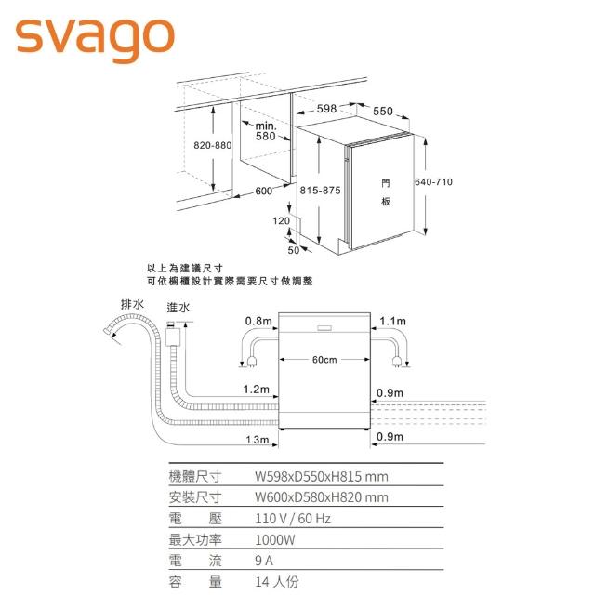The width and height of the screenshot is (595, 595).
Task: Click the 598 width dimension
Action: coord(326,109)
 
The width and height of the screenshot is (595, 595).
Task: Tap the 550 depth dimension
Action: coord(383,112)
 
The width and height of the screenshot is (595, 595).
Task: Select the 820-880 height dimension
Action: coord(212,146)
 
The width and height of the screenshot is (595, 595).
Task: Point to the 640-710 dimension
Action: coord(433,181)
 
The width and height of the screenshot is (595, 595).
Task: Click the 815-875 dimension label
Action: coord(321,190)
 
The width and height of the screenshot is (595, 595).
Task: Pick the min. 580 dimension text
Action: coord(265,130)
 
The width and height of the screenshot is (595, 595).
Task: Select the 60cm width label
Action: coord(324,360)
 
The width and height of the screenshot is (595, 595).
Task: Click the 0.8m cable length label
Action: coord(258,321)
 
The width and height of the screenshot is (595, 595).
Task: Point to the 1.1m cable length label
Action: coord(393,321)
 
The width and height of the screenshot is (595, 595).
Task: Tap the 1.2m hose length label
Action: coord(256,389)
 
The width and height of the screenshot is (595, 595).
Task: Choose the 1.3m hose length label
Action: coord(257,439)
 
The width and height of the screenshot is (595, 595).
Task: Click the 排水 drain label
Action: coord(132,304)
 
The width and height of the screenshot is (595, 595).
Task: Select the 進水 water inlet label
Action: coord(178,308)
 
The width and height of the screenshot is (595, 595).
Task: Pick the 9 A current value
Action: coord(263,561)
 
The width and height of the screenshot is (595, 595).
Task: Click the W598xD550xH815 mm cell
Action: coord(321,476)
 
